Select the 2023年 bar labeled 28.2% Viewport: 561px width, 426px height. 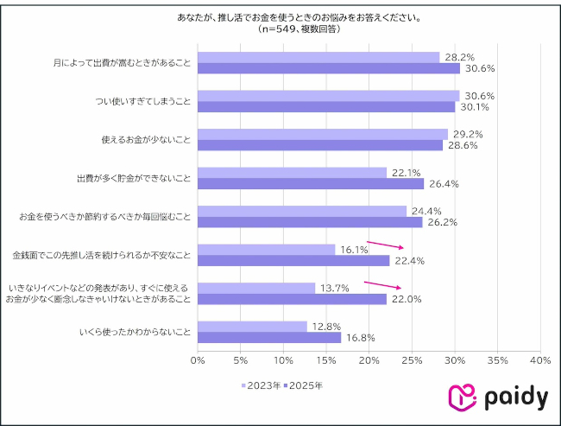[318, 57]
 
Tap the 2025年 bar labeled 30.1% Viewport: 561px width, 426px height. [326, 107]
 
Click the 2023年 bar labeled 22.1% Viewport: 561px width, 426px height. [292, 172]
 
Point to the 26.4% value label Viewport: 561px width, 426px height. [441, 183]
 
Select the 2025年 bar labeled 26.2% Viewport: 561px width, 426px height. [310, 222]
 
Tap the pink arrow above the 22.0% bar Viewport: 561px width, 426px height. [382, 284]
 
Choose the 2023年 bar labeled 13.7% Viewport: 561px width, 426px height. [256, 288]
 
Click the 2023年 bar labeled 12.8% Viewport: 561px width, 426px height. [252, 326]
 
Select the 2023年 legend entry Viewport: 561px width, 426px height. [260, 385]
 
